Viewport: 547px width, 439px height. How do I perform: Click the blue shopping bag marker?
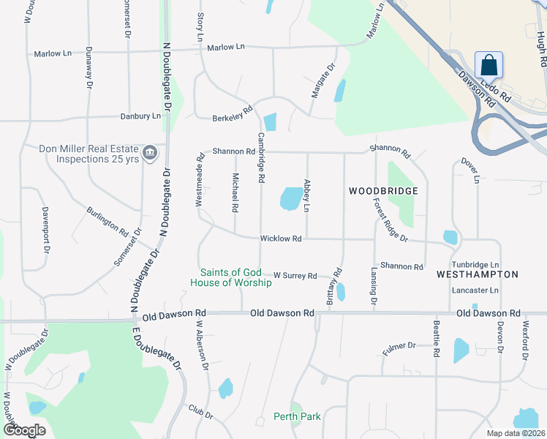click(x=488, y=65)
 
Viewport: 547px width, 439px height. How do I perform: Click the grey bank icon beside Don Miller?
click(x=150, y=153)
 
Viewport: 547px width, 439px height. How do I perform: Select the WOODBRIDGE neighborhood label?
click(x=383, y=191)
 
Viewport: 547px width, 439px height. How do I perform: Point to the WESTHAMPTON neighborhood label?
click(x=477, y=274)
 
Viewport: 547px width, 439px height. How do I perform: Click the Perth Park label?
click(x=297, y=416)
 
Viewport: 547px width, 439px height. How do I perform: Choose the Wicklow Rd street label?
click(x=282, y=239)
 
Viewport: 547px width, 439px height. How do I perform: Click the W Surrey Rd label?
click(x=295, y=276)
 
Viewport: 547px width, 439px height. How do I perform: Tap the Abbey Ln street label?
click(x=308, y=195)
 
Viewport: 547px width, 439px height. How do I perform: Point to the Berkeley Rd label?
click(x=232, y=113)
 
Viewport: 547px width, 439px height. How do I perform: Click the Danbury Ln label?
click(x=141, y=116)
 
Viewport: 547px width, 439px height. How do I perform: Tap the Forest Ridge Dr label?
click(x=389, y=222)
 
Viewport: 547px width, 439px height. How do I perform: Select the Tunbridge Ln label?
click(x=475, y=264)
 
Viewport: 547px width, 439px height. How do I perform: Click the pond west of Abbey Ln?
click(x=290, y=198)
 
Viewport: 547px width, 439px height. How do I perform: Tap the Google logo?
click(x=23, y=429)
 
